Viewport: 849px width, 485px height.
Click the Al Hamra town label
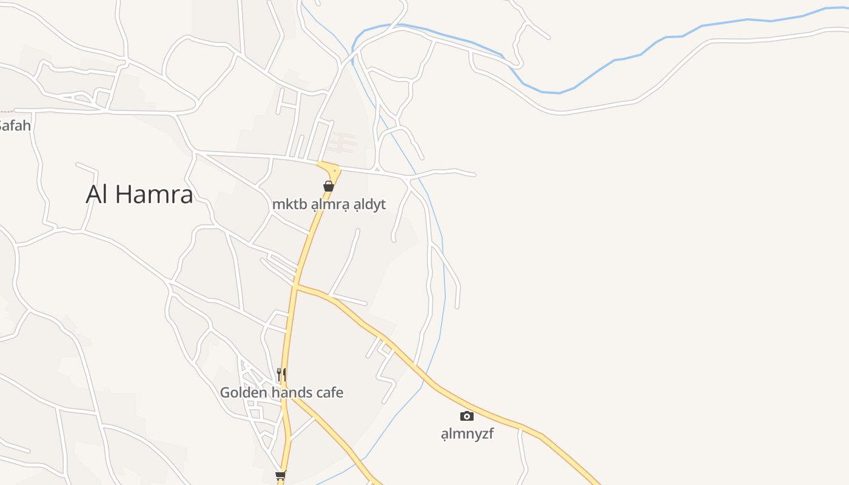(x=139, y=194)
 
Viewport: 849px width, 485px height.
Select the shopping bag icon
(x=329, y=186)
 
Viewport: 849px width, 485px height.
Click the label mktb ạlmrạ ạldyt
(x=329, y=204)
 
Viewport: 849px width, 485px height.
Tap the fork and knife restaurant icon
(x=281, y=375)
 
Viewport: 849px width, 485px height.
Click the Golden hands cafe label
(x=281, y=393)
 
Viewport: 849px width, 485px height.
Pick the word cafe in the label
(x=328, y=393)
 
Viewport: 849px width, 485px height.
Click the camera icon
(x=466, y=416)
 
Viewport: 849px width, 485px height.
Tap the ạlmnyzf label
(x=467, y=433)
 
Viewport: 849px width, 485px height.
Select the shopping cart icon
(x=280, y=475)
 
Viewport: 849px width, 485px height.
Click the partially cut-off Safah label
(x=15, y=126)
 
